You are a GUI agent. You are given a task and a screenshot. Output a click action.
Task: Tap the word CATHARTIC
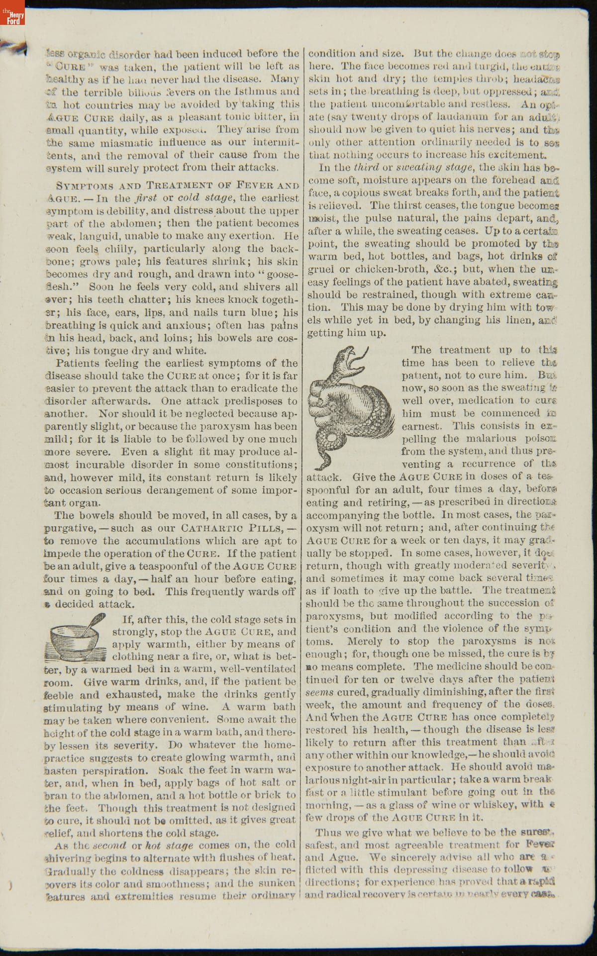[x=211, y=528]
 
